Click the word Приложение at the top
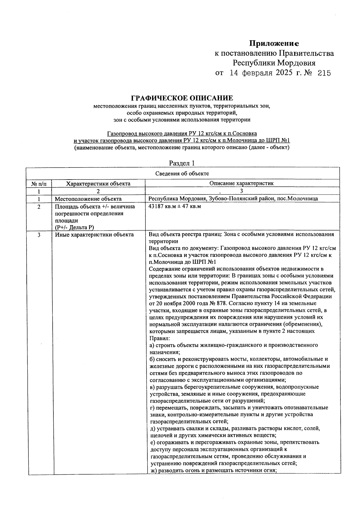274,44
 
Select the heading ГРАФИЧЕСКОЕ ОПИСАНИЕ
182,98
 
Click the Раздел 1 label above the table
182,163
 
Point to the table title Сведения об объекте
182,174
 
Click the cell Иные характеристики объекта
94,235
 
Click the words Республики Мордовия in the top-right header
274,63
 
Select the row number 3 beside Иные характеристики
39,235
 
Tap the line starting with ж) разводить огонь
213,470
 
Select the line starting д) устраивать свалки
235,428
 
